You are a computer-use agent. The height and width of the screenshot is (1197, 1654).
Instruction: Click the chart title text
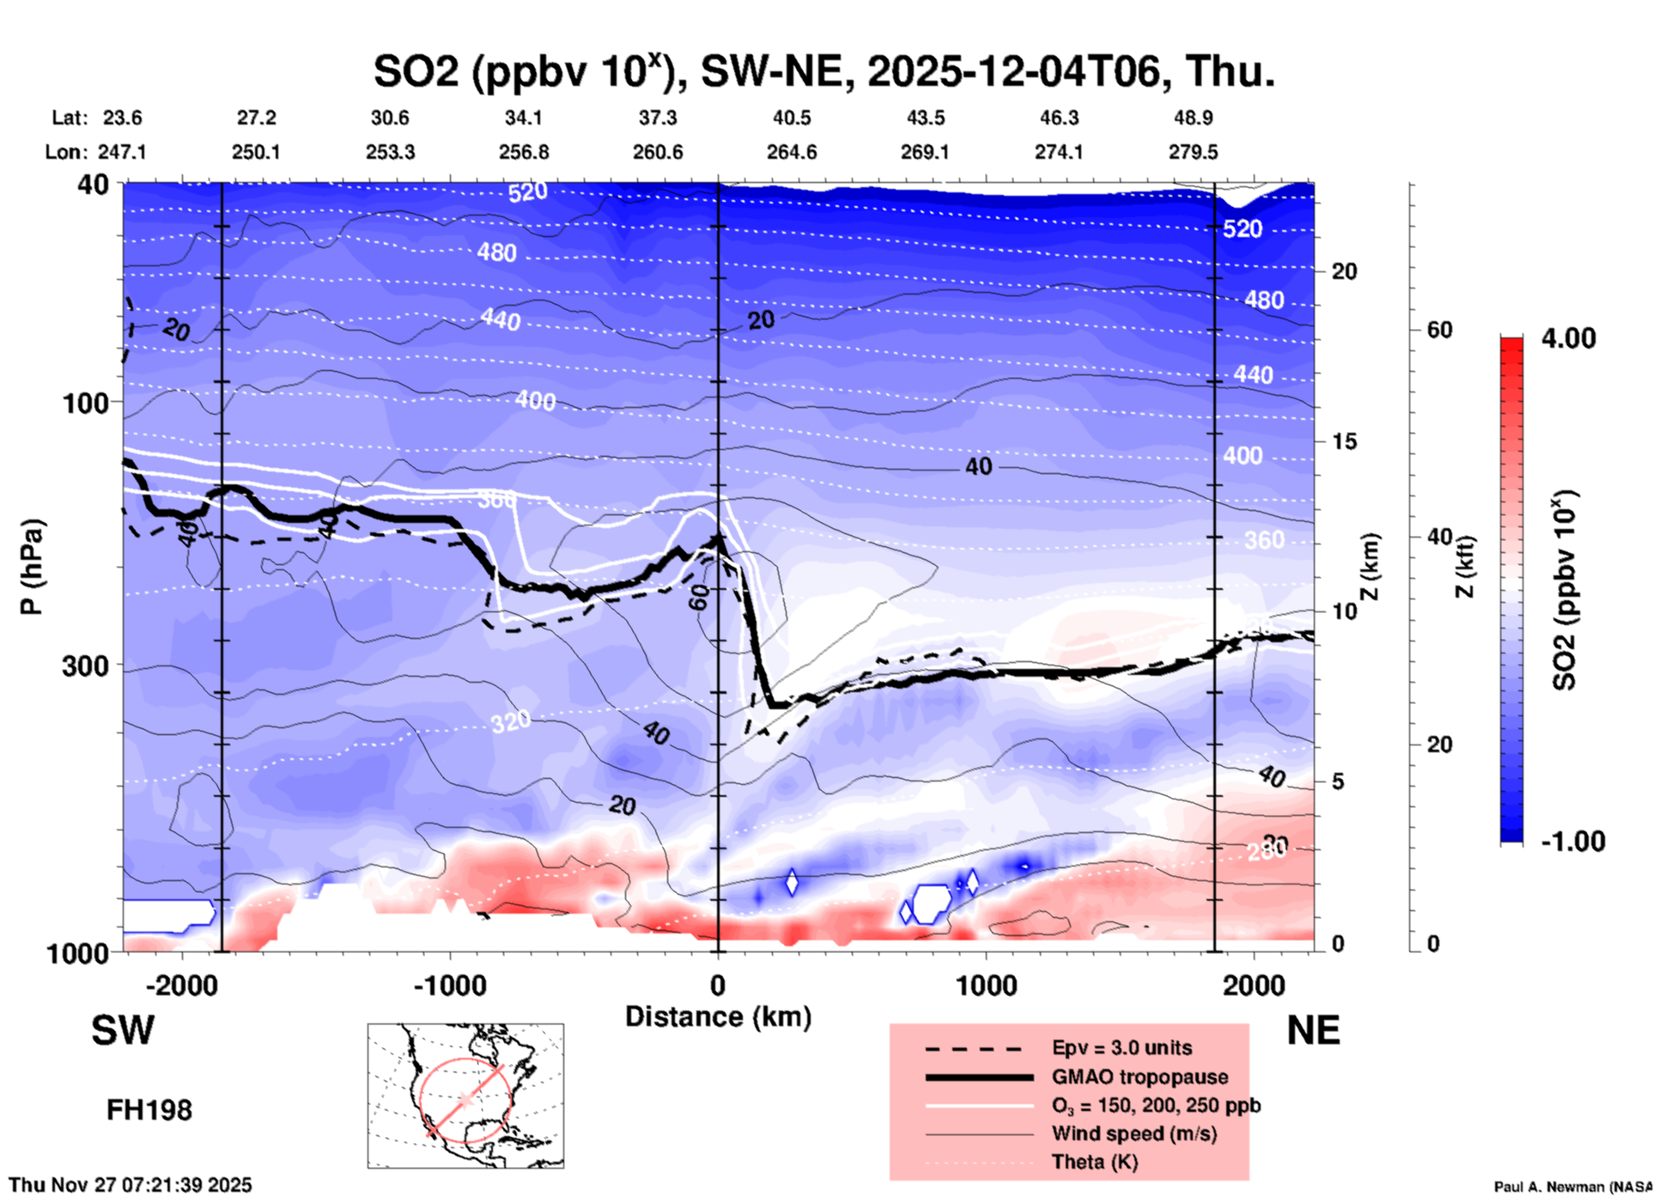tap(824, 70)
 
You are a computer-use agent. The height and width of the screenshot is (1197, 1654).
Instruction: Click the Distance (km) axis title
tap(718, 1017)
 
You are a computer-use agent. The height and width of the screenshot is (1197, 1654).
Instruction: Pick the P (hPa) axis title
tap(32, 567)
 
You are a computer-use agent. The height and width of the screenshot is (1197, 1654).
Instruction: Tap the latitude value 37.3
tap(658, 118)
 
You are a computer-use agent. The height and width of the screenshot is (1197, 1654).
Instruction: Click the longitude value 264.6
tap(792, 152)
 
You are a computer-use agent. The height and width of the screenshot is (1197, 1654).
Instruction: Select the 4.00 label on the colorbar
tap(1568, 338)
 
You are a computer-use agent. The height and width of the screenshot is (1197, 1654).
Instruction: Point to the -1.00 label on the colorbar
tap(1572, 842)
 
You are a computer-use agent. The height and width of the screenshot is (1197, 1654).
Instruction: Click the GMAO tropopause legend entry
tap(1140, 1077)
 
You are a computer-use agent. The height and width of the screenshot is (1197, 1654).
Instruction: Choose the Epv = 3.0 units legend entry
tap(1122, 1048)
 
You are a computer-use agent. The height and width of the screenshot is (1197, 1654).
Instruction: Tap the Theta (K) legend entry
tap(1094, 1162)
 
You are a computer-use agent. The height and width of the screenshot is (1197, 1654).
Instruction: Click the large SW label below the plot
tap(123, 1030)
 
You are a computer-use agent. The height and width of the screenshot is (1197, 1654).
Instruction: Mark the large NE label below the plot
tap(1313, 1030)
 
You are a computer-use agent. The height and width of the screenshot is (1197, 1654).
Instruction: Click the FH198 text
tap(149, 1110)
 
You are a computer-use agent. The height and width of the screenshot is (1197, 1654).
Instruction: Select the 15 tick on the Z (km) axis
tap(1344, 441)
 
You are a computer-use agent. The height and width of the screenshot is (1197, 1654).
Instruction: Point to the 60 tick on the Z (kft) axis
tap(1439, 330)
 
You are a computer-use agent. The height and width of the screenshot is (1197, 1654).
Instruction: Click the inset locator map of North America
tap(465, 1096)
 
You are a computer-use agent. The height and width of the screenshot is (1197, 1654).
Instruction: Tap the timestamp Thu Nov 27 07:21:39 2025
tap(131, 1185)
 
